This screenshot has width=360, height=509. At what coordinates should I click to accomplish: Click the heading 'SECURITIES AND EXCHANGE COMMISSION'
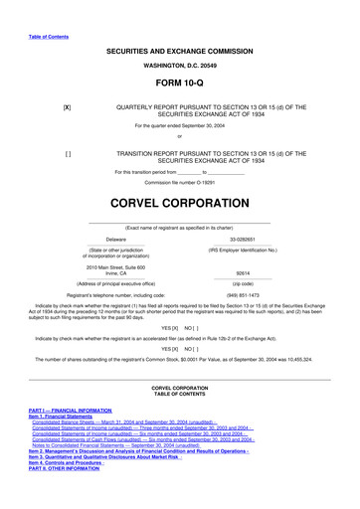[x=179, y=50]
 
